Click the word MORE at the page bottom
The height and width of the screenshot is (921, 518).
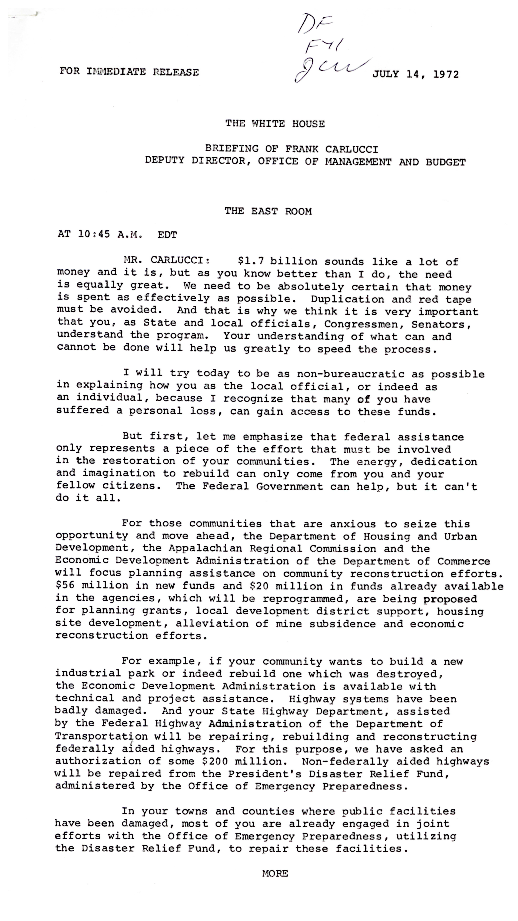(x=275, y=873)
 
